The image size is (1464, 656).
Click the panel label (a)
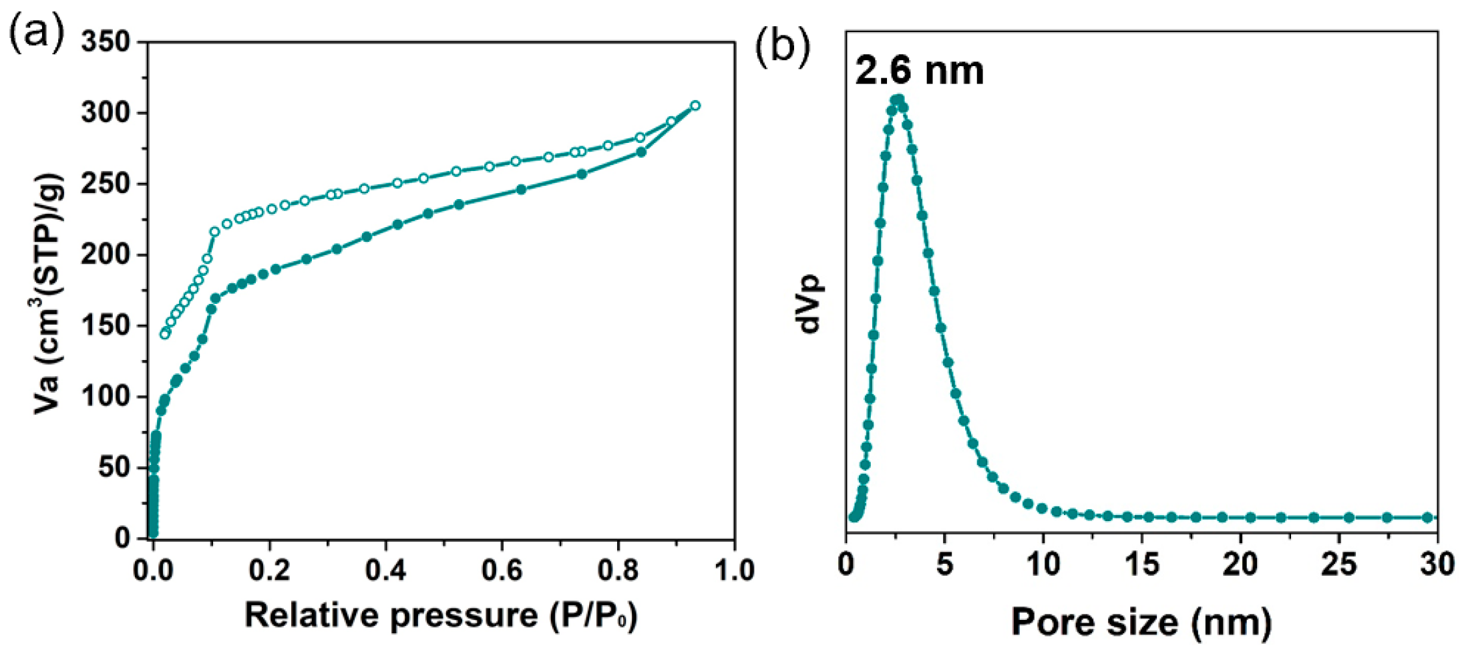37,32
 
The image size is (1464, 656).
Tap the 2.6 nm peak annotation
919,70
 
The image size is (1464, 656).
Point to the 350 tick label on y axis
106,42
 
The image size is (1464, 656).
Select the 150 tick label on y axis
106,326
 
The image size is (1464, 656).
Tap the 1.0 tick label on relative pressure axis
733,570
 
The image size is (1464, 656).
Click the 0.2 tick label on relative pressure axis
269,570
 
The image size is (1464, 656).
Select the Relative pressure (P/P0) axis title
441,615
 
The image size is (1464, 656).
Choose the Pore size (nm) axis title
1141,621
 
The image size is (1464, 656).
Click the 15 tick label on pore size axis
1141,565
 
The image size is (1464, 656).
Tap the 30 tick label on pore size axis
1436,565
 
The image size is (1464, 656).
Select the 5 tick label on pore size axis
944,565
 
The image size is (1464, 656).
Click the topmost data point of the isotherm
695,106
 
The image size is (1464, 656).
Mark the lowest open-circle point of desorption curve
164,334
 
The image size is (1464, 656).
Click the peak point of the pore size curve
898,99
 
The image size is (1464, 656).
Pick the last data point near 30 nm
1427,518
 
